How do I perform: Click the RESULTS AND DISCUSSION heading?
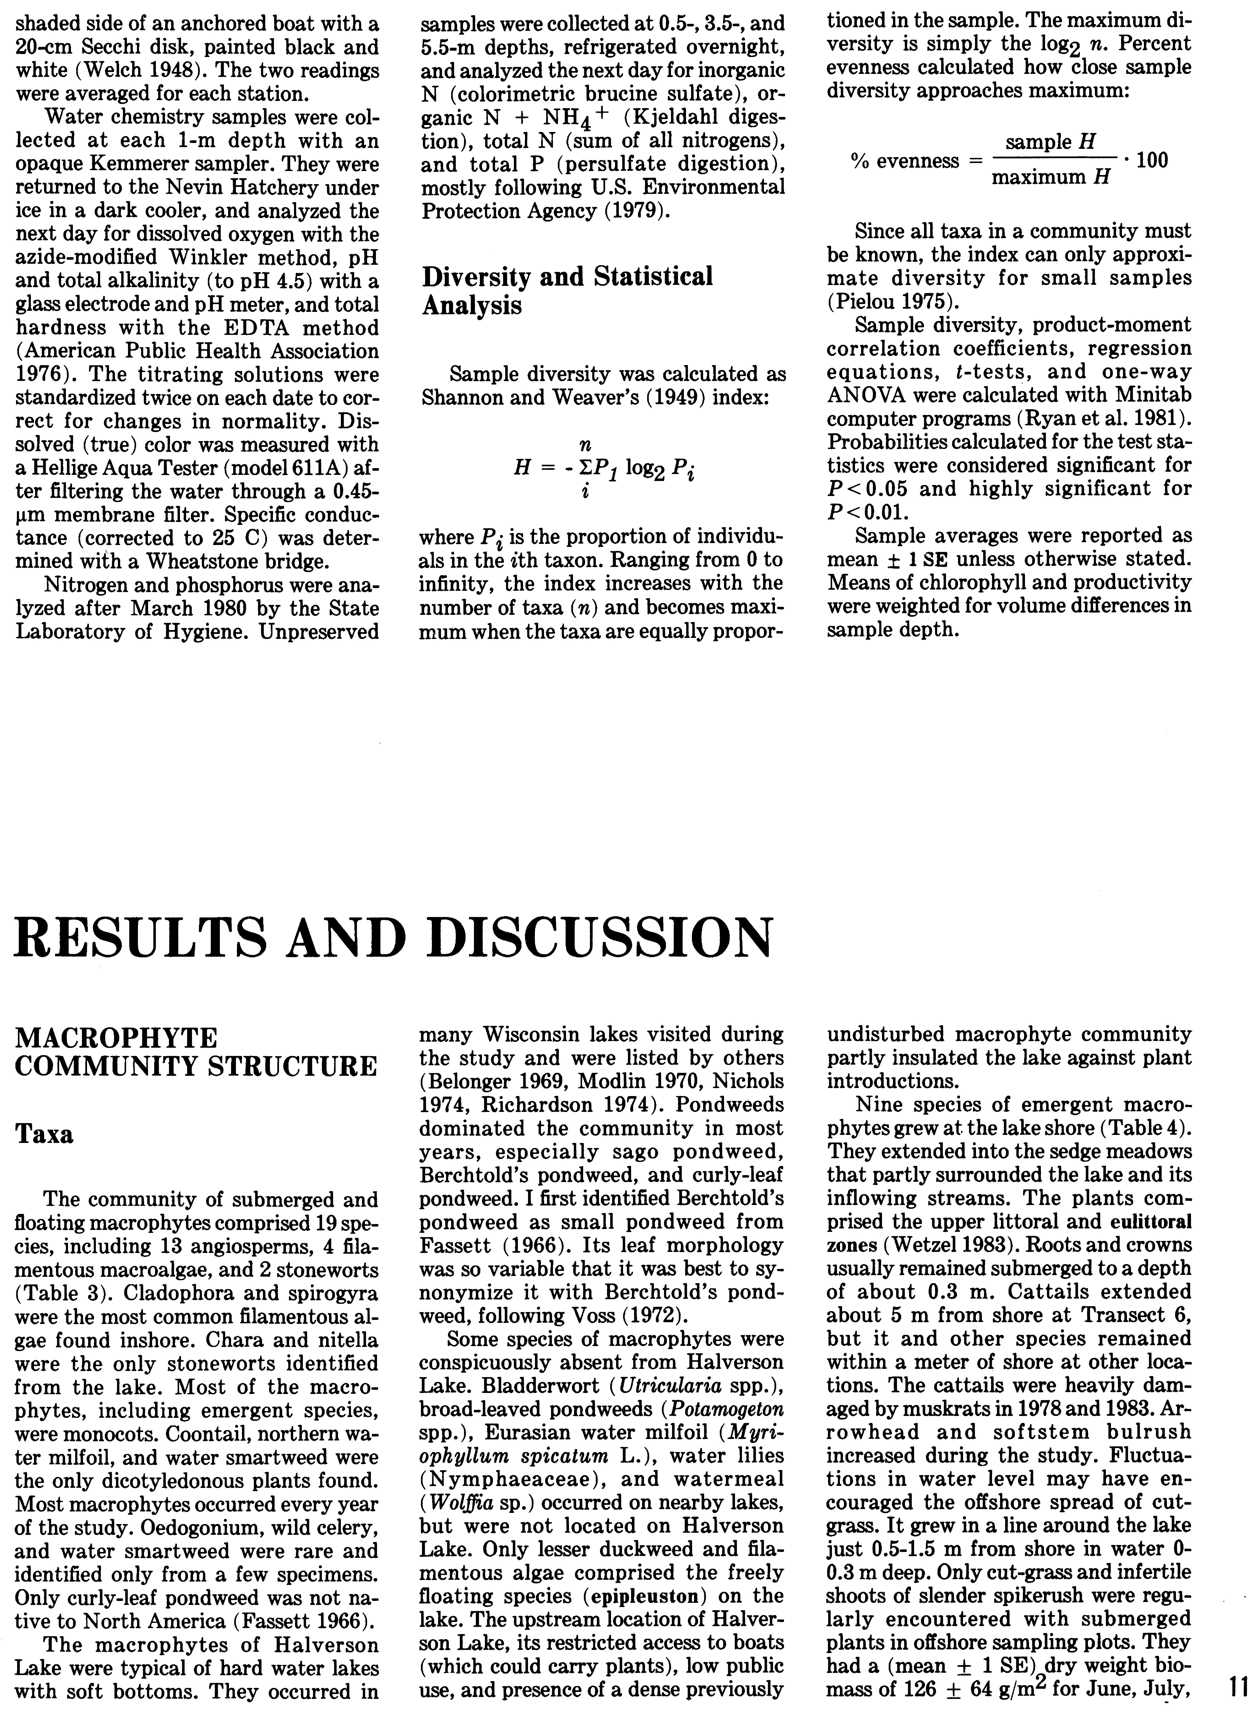coord(393,939)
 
